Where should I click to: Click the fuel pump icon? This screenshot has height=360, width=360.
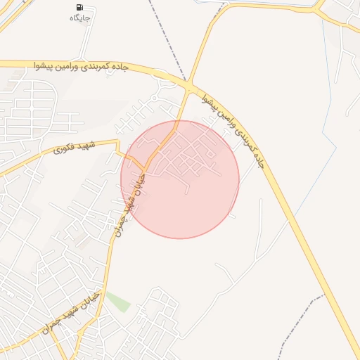(x=75, y=7)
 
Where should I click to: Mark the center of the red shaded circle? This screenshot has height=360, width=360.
(x=180, y=179)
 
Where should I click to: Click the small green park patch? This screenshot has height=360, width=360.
(x=118, y=302)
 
